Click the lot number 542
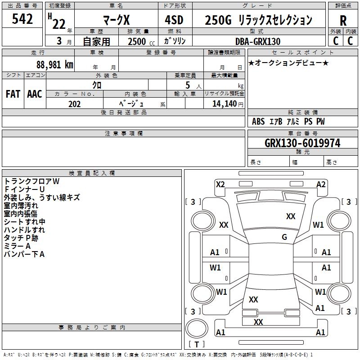(x=22, y=19)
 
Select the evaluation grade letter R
(x=343, y=21)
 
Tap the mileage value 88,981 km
(x=54, y=65)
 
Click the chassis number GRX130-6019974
(x=302, y=143)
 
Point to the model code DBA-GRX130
(x=258, y=41)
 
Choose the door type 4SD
(x=174, y=20)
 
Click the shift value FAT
(x=13, y=94)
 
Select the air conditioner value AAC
(x=35, y=94)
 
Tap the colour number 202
(x=74, y=104)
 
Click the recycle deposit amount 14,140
(x=225, y=104)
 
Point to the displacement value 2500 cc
(x=141, y=41)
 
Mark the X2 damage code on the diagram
(x=220, y=184)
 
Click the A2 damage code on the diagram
(x=321, y=184)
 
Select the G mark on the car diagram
(x=284, y=237)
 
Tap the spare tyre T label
(x=197, y=344)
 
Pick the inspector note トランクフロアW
(x=31, y=181)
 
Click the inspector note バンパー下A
(x=24, y=254)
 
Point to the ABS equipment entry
(x=258, y=121)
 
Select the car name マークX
(x=117, y=20)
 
